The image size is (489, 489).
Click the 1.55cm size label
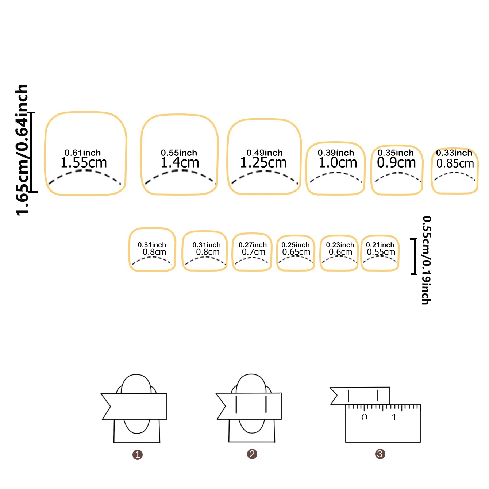(84, 163)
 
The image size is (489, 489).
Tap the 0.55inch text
(179, 153)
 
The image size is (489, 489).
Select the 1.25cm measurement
(263, 163)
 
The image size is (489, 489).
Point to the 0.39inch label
(336, 153)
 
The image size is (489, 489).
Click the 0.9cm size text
(396, 163)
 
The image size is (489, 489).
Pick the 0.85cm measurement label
(455, 163)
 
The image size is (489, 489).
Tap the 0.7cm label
(253, 252)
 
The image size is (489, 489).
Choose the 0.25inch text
(295, 245)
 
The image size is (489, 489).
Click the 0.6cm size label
(340, 252)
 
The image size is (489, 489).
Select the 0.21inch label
(380, 245)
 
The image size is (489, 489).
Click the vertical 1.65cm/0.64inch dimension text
(22, 150)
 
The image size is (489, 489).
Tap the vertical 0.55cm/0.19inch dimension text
(426, 260)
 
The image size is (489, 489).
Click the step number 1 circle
(137, 455)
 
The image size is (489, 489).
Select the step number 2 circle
(252, 454)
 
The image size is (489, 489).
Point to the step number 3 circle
(380, 454)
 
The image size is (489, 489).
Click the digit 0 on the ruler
(364, 417)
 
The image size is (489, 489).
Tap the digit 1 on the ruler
(394, 417)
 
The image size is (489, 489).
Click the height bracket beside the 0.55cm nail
(414, 256)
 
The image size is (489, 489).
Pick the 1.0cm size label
(338, 163)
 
